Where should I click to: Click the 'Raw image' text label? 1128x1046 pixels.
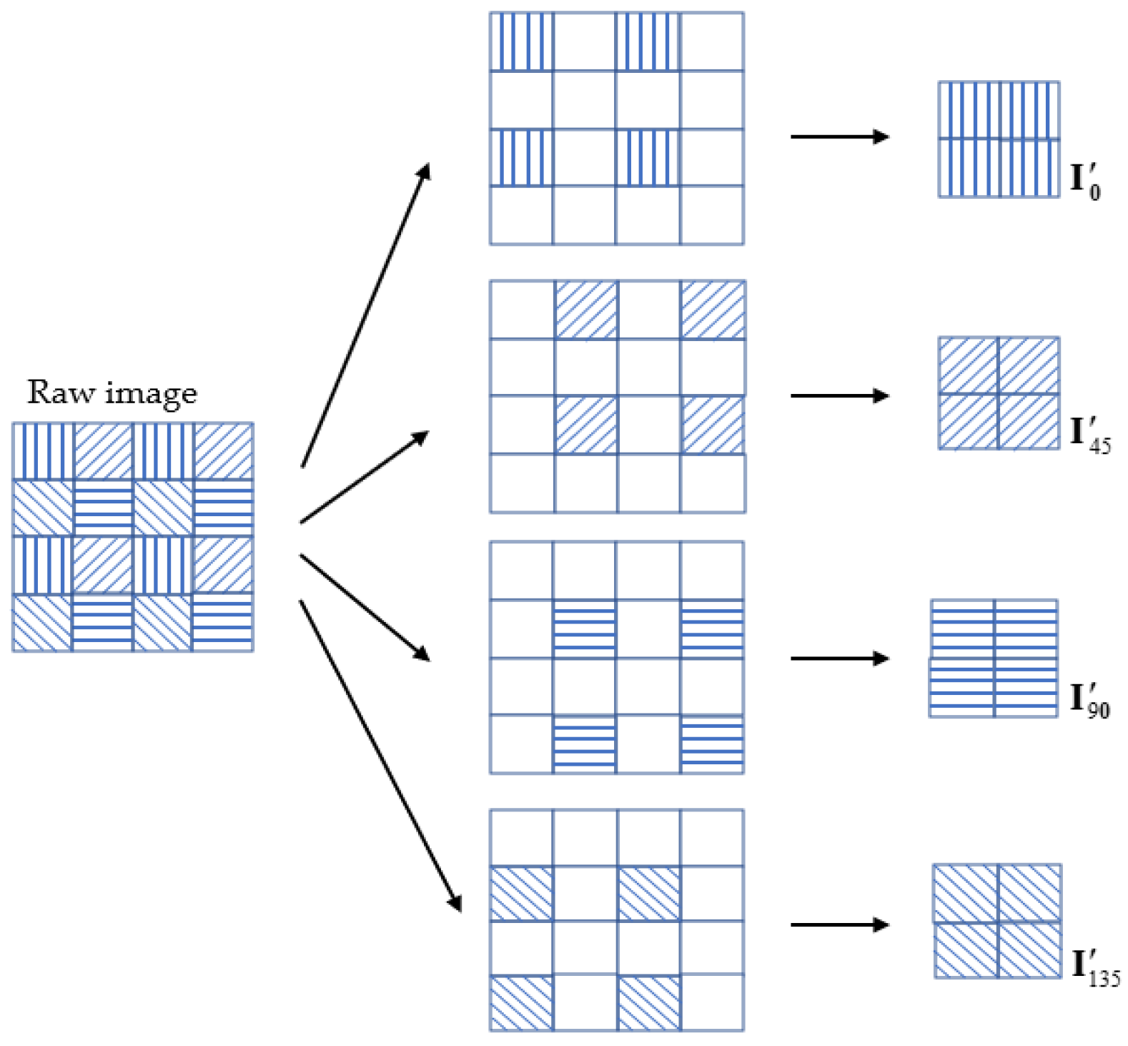coord(112,393)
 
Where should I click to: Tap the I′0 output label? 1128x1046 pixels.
coord(1084,181)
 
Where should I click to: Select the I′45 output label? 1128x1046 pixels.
coord(1089,435)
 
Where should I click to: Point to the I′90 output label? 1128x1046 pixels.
coord(1089,699)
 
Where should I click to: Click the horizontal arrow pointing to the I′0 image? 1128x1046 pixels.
coord(839,137)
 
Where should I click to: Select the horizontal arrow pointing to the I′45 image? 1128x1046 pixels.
coord(839,395)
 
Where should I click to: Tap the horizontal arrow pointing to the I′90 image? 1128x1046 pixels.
coord(839,658)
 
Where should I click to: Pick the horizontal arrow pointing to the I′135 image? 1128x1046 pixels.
coord(839,924)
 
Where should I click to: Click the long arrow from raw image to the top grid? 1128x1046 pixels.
coord(365,315)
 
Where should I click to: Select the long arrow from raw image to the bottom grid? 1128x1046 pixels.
coord(380,755)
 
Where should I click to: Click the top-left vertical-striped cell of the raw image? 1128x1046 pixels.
coord(43,451)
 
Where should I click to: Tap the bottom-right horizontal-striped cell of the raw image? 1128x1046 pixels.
coord(222,622)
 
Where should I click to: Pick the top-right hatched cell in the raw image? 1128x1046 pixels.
coord(222,451)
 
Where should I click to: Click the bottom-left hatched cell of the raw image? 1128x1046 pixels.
coord(43,622)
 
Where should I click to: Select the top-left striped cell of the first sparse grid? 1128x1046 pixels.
coord(521,41)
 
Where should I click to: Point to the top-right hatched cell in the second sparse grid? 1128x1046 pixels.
coord(712,310)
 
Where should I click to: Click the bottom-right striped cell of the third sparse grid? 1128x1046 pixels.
coord(712,744)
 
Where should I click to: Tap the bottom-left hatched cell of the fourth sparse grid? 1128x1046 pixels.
coord(521,1002)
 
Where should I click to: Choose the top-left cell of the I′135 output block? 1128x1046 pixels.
coord(966,893)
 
